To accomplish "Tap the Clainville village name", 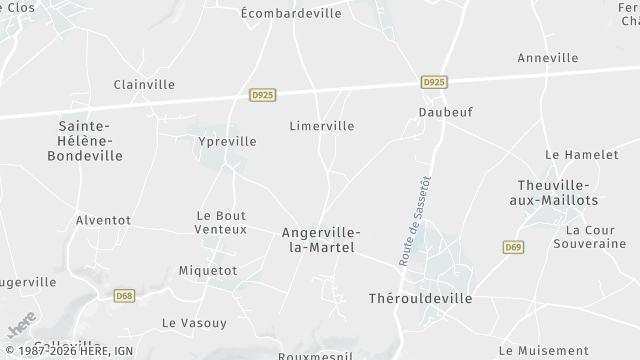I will [x=143, y=85].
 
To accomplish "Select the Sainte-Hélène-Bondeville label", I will [x=91, y=141].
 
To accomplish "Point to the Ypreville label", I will [x=228, y=142].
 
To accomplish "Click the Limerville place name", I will [x=321, y=127].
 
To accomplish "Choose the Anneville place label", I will [x=547, y=58].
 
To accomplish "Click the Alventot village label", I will [x=103, y=220].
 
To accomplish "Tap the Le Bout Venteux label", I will [x=221, y=222].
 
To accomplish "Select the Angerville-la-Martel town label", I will [x=321, y=240].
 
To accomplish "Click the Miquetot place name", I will [x=207, y=271].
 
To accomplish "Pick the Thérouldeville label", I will [x=420, y=299].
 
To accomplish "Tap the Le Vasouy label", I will [x=194, y=323].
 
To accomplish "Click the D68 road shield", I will [x=124, y=296].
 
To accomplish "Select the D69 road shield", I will [x=514, y=247].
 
